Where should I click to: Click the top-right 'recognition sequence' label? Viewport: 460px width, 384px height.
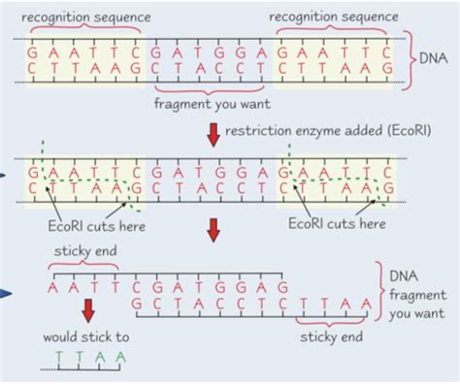[x=334, y=17]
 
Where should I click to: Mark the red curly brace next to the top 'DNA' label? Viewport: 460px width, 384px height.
[x=411, y=59]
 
